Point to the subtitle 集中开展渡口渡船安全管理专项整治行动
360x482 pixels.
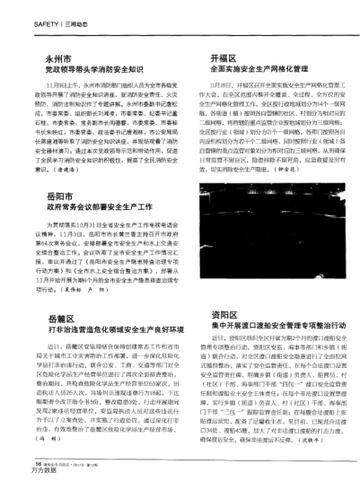pyautogui.click(x=259, y=326)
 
